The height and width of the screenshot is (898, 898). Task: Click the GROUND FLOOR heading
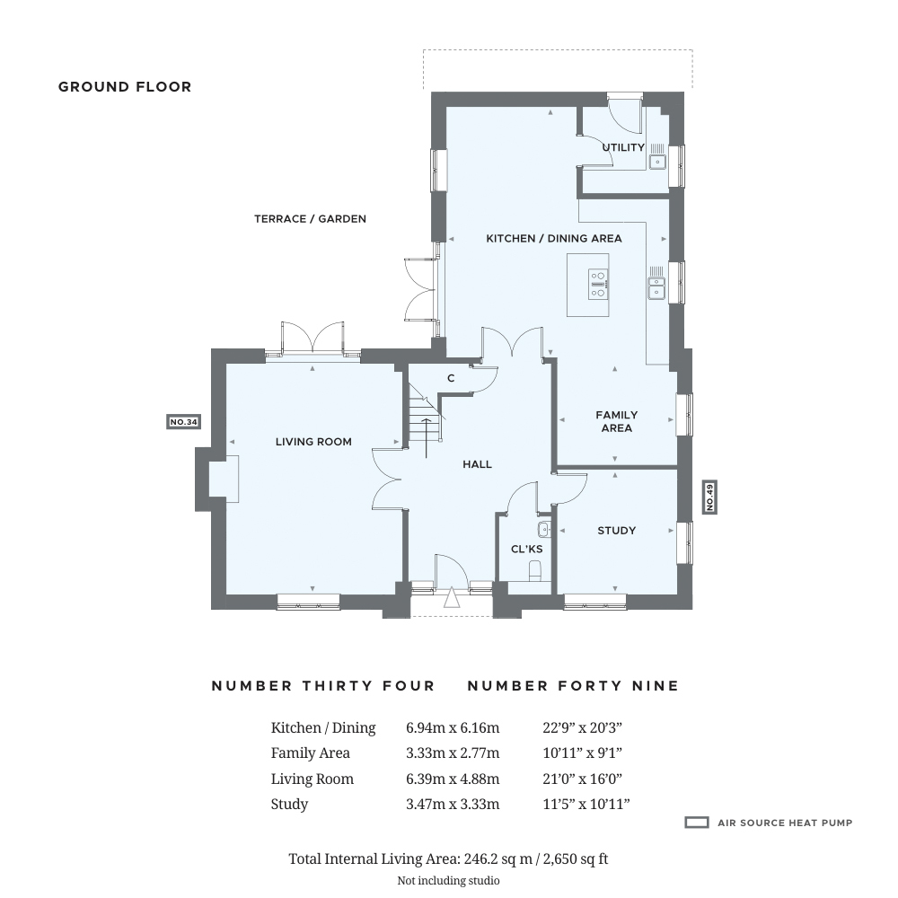coord(125,87)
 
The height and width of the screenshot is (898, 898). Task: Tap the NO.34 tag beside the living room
coord(183,422)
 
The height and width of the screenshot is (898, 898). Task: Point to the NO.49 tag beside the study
coord(709,497)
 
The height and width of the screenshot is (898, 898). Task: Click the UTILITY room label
coord(623,147)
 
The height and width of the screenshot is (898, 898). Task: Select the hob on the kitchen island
coord(598,285)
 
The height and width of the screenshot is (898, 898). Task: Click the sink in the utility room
coord(657,162)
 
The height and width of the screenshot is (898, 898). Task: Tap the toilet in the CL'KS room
coord(535,570)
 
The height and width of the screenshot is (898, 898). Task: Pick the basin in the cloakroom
coord(544,529)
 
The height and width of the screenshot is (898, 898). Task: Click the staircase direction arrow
coord(427,438)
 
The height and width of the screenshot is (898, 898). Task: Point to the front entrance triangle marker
coord(452,597)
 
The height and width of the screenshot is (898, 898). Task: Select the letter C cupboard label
coord(451,378)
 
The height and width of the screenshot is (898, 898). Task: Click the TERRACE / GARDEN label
coord(310,219)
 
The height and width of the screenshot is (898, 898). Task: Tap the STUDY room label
coord(616,531)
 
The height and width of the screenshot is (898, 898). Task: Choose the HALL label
coord(477,464)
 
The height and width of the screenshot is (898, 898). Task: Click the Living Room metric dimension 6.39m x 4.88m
coord(453,779)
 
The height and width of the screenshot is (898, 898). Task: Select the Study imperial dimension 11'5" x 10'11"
coord(585,804)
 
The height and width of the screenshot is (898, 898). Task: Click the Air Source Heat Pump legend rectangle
coord(697,823)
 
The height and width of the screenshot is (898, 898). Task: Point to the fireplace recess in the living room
coord(224,476)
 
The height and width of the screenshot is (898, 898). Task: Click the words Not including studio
coord(448,880)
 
